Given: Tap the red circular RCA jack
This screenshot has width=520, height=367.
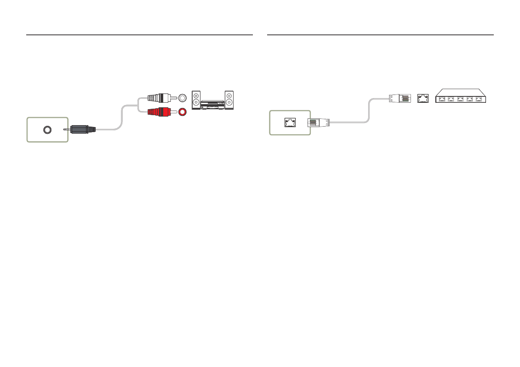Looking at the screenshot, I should point(183,111).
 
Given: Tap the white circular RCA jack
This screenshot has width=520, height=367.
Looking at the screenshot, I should point(183,97).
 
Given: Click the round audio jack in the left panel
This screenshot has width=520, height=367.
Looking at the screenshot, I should point(47,130).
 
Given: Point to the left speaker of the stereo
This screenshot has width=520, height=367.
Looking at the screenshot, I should point(196,100).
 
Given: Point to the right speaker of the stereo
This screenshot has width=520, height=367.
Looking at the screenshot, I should point(229,100).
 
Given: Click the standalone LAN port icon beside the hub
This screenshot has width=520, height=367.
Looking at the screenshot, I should point(423,98).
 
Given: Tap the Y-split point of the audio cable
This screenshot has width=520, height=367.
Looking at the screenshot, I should point(138,105).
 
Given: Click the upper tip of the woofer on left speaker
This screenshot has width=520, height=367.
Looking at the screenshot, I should point(196,100).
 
